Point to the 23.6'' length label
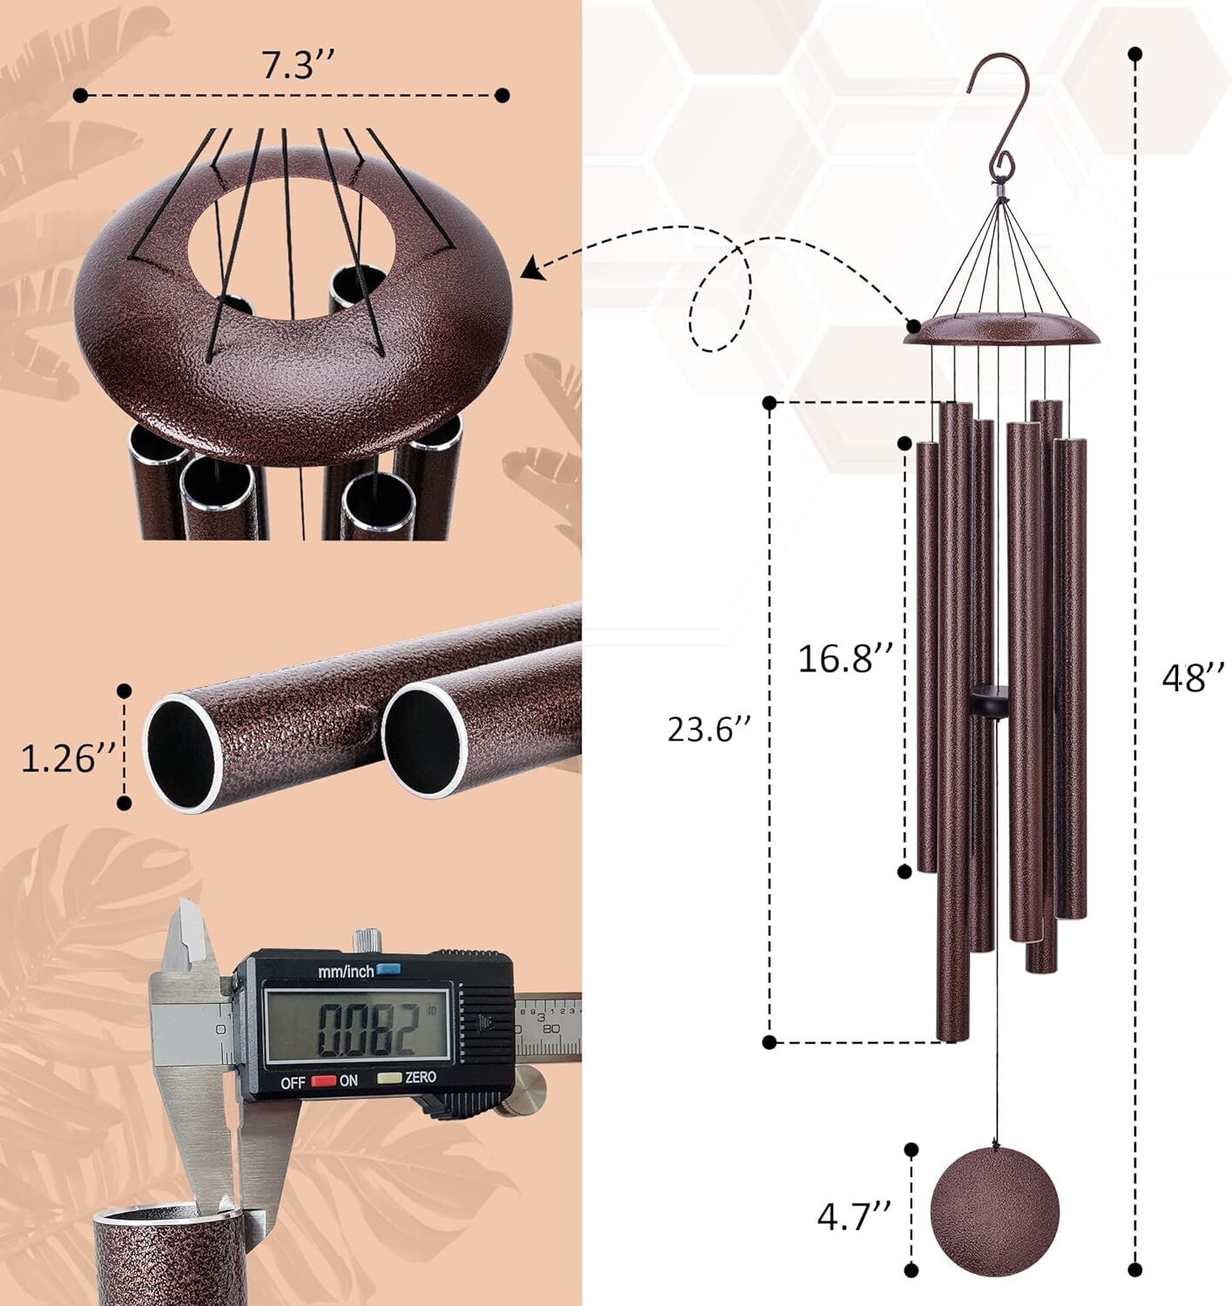pos(709,729)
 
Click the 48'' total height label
pos(1193,676)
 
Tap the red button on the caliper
pos(324,1080)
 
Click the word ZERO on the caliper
pos(421,1078)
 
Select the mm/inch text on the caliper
pos(346,971)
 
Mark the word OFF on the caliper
pos(293,1082)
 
